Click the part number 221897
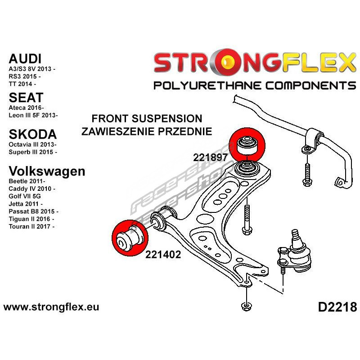click(x=211, y=158)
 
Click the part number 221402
click(x=163, y=254)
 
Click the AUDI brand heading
click(x=25, y=58)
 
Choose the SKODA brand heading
click(x=32, y=134)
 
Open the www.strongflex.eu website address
click(x=51, y=308)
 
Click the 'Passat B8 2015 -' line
click(x=33, y=211)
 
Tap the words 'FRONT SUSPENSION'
click(x=147, y=119)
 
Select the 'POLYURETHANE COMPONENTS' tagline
click(x=255, y=85)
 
